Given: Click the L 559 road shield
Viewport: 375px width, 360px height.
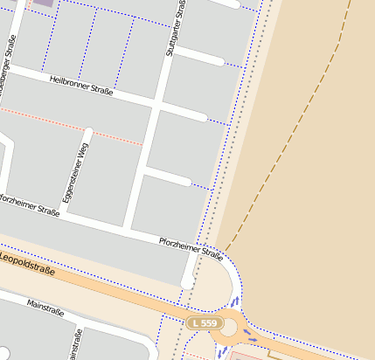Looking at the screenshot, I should (x=203, y=323).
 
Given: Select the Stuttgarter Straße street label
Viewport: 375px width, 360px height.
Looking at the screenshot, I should (x=176, y=28).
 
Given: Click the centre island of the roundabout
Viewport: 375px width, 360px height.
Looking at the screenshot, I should (x=229, y=328).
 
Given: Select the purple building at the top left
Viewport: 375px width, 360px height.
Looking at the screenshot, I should (x=42, y=3).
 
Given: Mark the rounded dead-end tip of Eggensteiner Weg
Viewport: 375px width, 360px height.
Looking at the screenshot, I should (x=87, y=133).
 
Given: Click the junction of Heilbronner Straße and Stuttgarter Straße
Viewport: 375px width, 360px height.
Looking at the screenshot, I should (x=158, y=102).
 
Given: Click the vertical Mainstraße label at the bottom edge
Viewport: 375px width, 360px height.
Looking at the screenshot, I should (x=78, y=344).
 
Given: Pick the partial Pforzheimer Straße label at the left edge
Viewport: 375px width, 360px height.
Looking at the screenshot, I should (x=31, y=206).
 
